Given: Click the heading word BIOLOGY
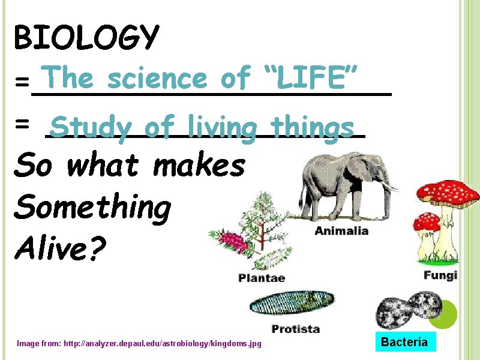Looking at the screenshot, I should [x=86, y=38].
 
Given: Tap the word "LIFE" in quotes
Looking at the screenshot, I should [x=311, y=77].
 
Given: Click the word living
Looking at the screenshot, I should [x=221, y=127].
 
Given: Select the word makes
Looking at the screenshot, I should [x=199, y=164].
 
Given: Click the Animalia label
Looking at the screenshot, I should [x=341, y=232].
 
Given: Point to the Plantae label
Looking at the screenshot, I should [x=262, y=278].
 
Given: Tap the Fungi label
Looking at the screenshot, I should [x=440, y=275].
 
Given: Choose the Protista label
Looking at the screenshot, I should [x=295, y=329].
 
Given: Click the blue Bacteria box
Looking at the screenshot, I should [x=405, y=343].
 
